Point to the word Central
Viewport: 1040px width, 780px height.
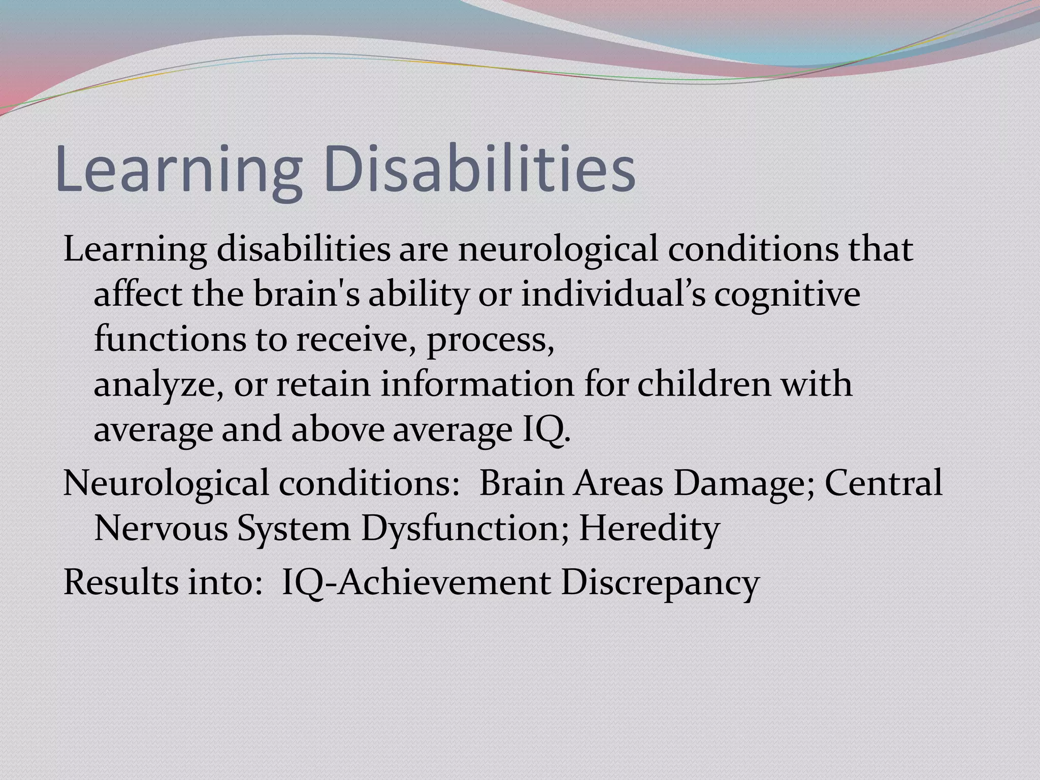[884, 483]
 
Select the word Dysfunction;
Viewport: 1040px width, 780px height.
[465, 528]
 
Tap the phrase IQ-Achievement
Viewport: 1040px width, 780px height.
[416, 582]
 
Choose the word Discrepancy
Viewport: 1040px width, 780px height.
[660, 582]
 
